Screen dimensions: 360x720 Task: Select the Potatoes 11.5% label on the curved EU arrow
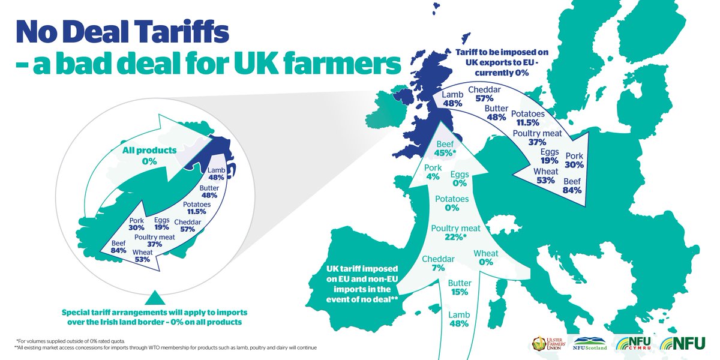[x=528, y=119]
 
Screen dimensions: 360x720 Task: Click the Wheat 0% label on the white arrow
[x=486, y=258]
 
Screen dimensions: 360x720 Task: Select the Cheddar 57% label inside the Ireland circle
[x=187, y=226]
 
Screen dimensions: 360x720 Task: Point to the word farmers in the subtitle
[x=341, y=63]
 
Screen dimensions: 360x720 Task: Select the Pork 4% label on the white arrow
[x=433, y=172]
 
